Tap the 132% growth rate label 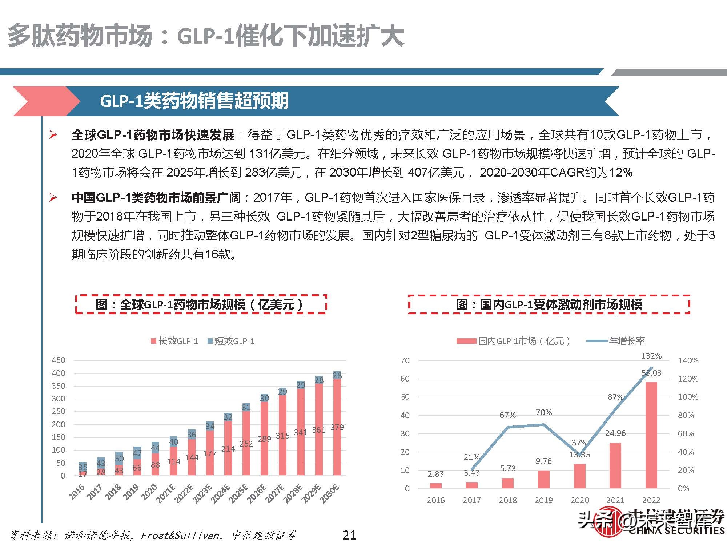651,356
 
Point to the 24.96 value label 615,433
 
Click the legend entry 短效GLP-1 231,341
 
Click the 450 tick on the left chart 59,360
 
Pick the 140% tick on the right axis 688,360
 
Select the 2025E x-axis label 239,493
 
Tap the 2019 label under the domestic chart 543,500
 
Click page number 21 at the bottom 349,535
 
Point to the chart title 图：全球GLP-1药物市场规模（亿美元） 201,304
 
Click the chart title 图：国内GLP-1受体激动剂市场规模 549,304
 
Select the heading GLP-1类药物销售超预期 194,101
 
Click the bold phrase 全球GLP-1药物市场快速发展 153,135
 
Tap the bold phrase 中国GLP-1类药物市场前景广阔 156,198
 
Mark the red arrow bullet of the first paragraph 53,135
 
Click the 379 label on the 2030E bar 337,427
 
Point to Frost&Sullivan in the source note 180,535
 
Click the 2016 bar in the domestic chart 435,485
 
